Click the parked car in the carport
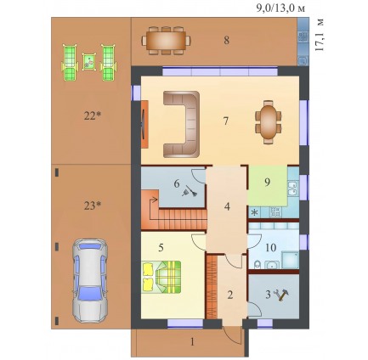click(90, 281)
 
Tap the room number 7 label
click(226, 121)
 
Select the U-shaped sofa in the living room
click(181, 124)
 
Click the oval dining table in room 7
click(269, 122)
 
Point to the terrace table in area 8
click(166, 41)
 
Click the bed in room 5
click(161, 277)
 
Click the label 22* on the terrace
click(93, 115)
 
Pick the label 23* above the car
click(93, 206)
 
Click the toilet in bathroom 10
click(257, 265)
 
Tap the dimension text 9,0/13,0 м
click(280, 8)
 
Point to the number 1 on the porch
click(193, 342)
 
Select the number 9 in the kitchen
click(267, 183)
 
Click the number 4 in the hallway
click(227, 206)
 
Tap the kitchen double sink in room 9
click(292, 188)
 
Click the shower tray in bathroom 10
click(289, 261)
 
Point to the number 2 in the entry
click(230, 295)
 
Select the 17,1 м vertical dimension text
click(320, 35)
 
